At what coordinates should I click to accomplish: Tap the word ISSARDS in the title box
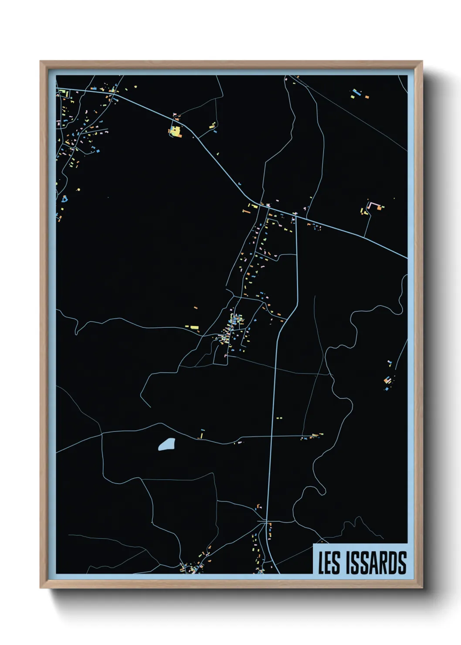coord(376,563)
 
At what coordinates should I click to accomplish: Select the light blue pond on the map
coord(166,445)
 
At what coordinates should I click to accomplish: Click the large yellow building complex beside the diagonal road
coord(175,131)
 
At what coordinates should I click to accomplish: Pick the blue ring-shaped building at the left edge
coord(65,199)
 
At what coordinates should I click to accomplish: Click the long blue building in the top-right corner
coord(356,93)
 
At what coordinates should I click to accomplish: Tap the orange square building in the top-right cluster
coord(367,97)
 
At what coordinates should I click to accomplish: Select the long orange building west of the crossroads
coord(247,211)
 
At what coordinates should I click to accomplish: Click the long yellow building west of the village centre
coord(192,326)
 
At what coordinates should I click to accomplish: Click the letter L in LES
coord(321,563)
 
